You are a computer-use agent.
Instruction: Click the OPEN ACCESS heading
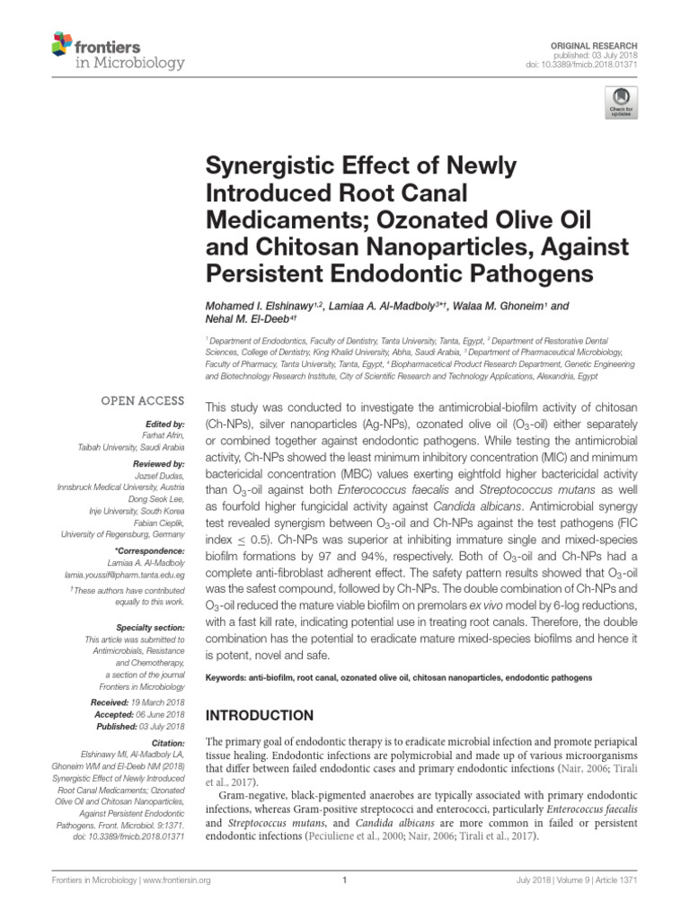[x=142, y=401]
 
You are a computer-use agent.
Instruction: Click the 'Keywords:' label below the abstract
[x=231, y=675]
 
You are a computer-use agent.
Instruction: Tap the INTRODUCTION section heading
[x=260, y=715]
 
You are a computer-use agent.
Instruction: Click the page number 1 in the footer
[x=345, y=881]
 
